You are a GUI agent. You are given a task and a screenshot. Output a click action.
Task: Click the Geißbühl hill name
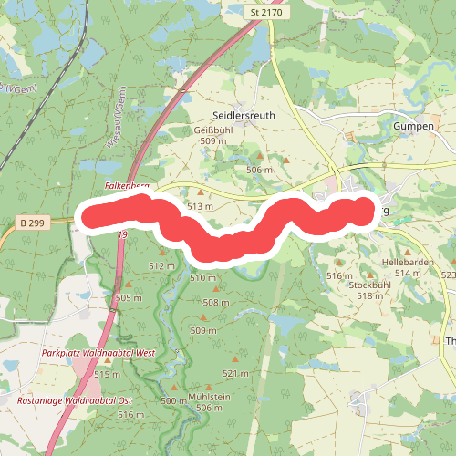coord(211,130)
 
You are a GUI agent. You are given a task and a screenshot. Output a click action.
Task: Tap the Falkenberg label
coord(127,185)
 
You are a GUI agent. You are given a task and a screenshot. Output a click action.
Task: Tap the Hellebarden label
coord(404,262)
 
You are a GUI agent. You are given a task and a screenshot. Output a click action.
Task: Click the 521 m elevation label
coord(235,374)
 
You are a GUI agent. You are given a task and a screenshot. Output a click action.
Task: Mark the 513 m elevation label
coord(200,207)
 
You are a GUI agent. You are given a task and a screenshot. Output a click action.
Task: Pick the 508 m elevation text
coord(216,303)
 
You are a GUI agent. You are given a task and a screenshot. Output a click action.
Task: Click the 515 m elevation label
coord(107,374)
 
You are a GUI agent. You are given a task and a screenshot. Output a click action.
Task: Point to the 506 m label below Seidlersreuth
coord(260,171)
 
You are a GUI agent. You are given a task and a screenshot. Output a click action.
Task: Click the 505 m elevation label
coord(130,298)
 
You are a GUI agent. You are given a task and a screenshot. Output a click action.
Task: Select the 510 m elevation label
coord(202,277)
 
